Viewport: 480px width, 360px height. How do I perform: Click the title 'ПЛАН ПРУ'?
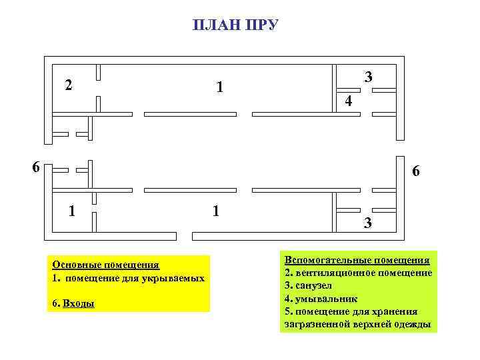[x=235, y=26]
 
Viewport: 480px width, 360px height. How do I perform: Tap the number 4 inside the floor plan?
[x=348, y=102]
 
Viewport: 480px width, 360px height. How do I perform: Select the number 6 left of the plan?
[x=37, y=167]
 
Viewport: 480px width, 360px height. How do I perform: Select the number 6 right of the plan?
[x=416, y=172]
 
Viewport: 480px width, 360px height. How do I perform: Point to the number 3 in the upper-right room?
[x=369, y=78]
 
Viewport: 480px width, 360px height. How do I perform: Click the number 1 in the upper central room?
[x=220, y=87]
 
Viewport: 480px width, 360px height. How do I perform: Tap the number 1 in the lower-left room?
[x=72, y=211]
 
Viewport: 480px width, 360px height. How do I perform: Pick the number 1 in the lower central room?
[x=215, y=211]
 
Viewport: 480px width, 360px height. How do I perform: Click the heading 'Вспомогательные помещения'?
[x=357, y=260]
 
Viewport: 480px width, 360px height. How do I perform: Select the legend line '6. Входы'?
[x=73, y=304]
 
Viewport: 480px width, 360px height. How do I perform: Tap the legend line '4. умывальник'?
[x=321, y=298]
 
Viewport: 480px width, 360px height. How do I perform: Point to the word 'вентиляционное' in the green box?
[x=331, y=273]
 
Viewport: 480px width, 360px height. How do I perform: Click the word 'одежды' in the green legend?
[x=415, y=325]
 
